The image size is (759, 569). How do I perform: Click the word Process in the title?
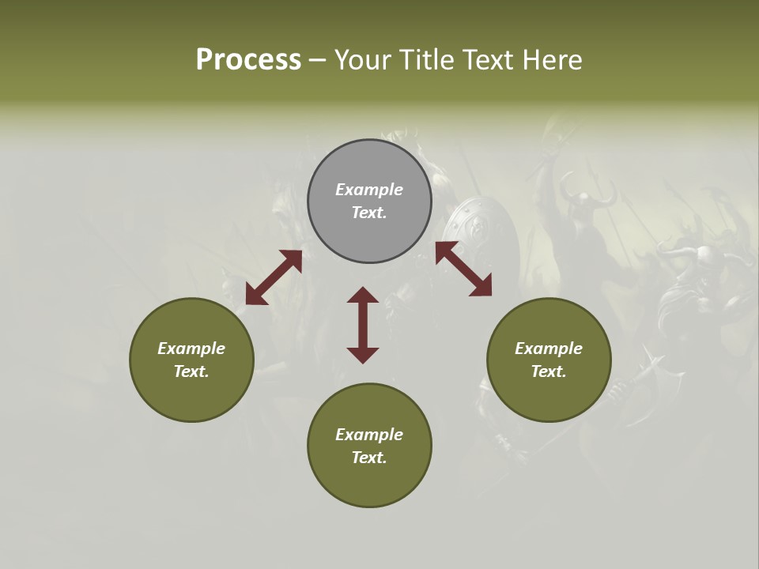(x=248, y=60)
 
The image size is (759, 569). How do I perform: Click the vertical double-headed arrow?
(x=363, y=325)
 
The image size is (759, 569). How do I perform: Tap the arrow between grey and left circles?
(x=274, y=277)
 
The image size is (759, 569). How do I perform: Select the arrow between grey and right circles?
(x=463, y=269)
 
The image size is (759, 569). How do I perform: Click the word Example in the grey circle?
(x=369, y=190)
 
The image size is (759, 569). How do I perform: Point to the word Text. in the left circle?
(x=191, y=371)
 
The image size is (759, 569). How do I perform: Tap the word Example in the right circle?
(x=549, y=349)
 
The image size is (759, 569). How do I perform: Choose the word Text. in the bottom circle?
(x=369, y=458)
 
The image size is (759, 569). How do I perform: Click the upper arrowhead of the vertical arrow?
(x=363, y=295)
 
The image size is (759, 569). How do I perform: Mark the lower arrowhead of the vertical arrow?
(x=363, y=355)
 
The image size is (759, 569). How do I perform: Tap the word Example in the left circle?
(x=191, y=349)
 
